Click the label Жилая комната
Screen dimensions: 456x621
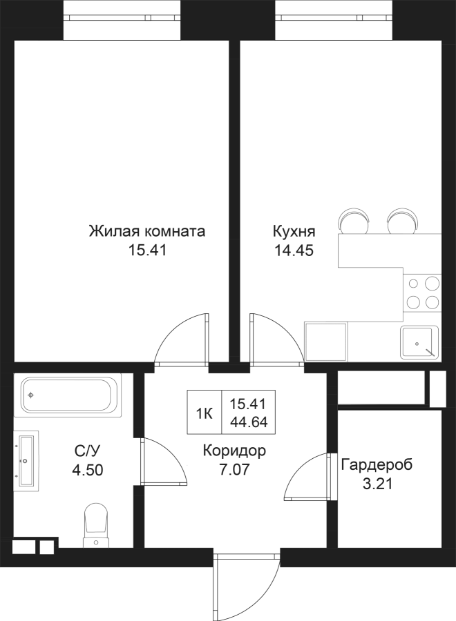(146, 231)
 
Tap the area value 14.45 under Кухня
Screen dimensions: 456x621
(294, 250)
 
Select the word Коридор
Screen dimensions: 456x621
(234, 451)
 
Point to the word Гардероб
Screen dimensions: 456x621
(377, 464)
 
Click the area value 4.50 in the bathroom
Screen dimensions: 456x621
(87, 470)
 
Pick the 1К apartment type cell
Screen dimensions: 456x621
(205, 414)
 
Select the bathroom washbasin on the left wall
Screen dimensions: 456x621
(26, 461)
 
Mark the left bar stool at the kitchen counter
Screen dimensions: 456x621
(354, 222)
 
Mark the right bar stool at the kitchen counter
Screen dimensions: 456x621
(403, 221)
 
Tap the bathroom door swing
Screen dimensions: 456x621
(163, 461)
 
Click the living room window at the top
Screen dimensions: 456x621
(122, 17)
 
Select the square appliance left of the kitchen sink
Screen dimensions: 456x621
(325, 341)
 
